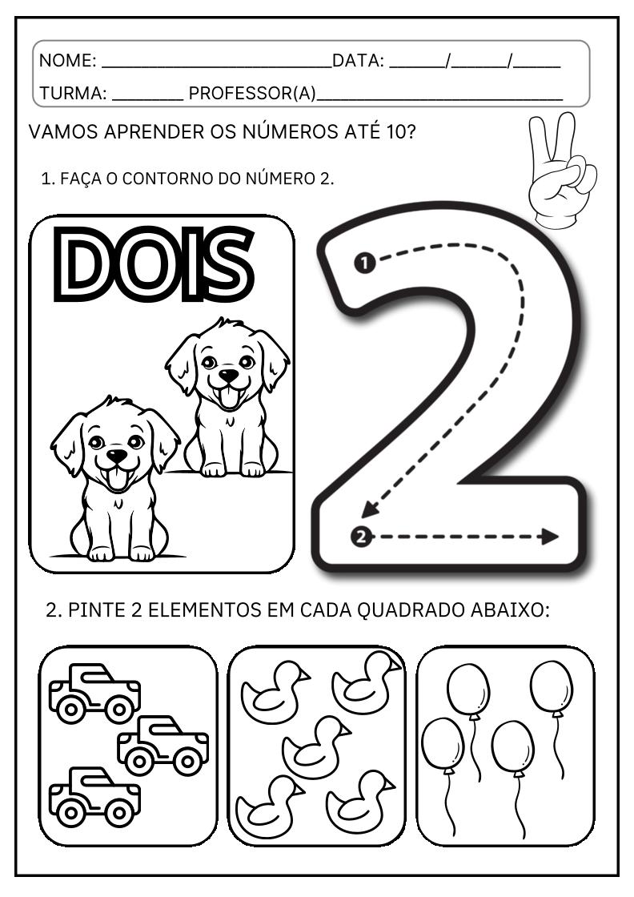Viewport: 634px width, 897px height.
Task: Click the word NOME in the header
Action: [67, 61]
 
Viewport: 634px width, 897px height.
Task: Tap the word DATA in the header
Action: [357, 61]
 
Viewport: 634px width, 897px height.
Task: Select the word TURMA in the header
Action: [73, 94]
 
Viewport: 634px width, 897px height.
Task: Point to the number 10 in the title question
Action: [395, 131]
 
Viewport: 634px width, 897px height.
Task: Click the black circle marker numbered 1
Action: [364, 263]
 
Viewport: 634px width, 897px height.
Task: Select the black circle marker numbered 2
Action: [362, 537]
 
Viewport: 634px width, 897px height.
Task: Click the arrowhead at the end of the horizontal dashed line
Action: [549, 537]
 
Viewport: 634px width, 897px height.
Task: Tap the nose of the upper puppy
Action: [229, 375]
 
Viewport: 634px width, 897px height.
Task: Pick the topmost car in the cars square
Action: [94, 692]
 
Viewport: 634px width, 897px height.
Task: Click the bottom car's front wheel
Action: [121, 813]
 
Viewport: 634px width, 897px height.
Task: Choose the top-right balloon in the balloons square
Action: [552, 687]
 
